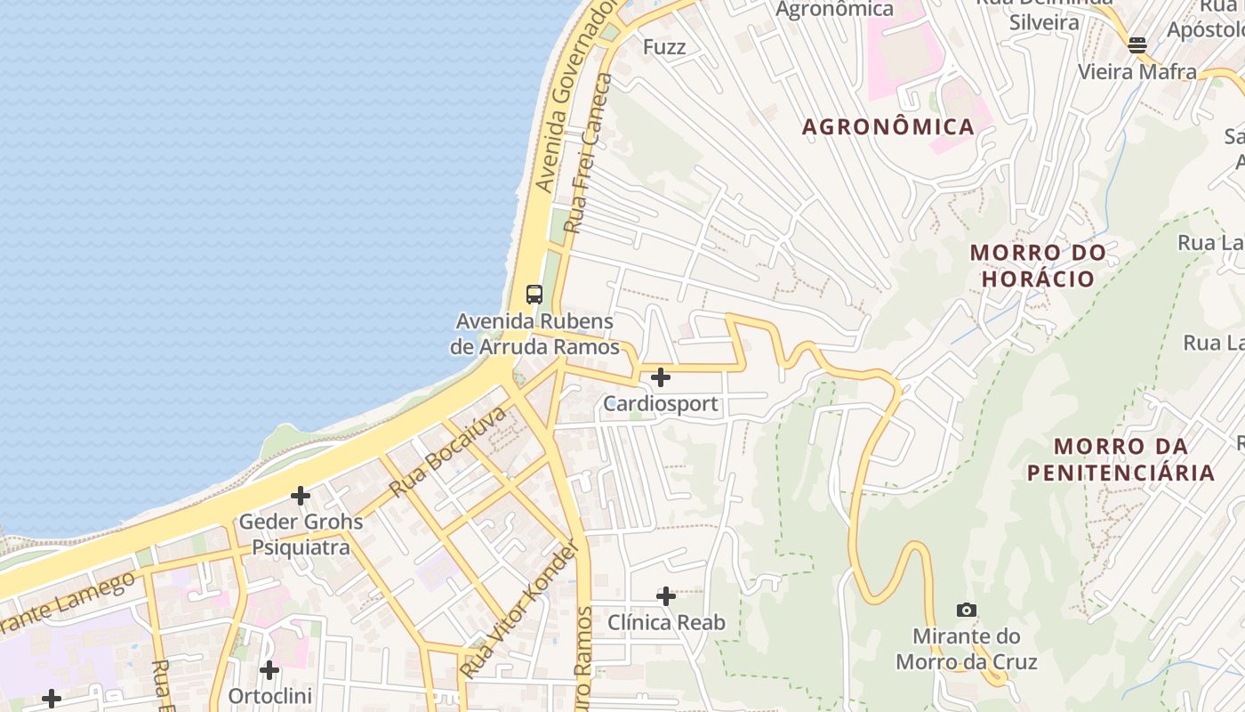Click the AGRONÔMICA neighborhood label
(888, 127)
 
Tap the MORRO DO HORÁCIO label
(1038, 265)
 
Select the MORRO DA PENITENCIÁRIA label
(1120, 459)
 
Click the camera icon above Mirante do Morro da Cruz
(966, 610)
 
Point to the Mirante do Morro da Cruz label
(966, 649)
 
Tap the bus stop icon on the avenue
(534, 294)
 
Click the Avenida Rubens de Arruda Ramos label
(534, 334)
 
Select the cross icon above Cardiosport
(660, 377)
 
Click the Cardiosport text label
(660, 404)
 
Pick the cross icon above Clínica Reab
(665, 595)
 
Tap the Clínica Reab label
(665, 623)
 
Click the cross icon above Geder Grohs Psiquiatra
(301, 495)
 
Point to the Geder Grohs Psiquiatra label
(301, 534)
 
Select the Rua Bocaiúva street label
(447, 452)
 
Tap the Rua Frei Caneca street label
(589, 154)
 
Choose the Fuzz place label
(663, 47)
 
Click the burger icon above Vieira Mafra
(1137, 44)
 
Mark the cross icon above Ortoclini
(269, 669)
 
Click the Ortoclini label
(269, 696)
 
